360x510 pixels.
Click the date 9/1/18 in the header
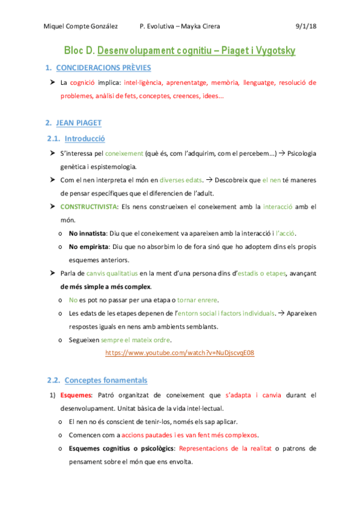point(307,26)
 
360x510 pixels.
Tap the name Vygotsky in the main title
point(268,51)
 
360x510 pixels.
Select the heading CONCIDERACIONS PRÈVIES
point(103,68)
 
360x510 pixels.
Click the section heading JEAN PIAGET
point(79,123)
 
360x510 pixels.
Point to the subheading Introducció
point(85,139)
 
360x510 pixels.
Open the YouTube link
point(180,353)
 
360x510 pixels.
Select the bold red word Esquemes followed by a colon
point(75,395)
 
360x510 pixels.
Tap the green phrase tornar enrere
point(201,300)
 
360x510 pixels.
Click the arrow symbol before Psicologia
point(281,154)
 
